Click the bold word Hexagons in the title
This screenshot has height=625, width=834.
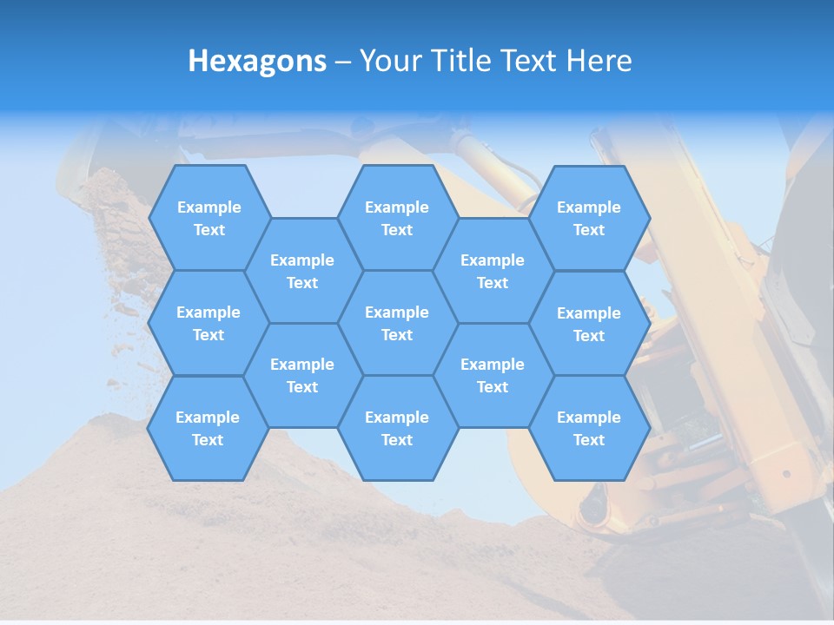257,61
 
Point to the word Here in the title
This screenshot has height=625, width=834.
599,61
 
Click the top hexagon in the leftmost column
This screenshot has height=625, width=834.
208,218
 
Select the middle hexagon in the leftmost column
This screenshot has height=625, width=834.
208,323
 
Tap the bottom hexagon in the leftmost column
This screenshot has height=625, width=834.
208,428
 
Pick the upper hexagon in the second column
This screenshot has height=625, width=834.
302,271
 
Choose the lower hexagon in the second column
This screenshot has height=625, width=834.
302,375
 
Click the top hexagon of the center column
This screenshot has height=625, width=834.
397,218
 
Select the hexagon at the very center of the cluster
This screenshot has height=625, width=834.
397,323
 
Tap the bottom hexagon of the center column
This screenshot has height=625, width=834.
397,428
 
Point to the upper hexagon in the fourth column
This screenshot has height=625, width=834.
493,271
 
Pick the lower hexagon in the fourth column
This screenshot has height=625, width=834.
493,375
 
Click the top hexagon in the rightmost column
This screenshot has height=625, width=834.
589,218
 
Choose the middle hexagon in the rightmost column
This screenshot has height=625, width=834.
589,324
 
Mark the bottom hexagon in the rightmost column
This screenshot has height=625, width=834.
589,428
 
